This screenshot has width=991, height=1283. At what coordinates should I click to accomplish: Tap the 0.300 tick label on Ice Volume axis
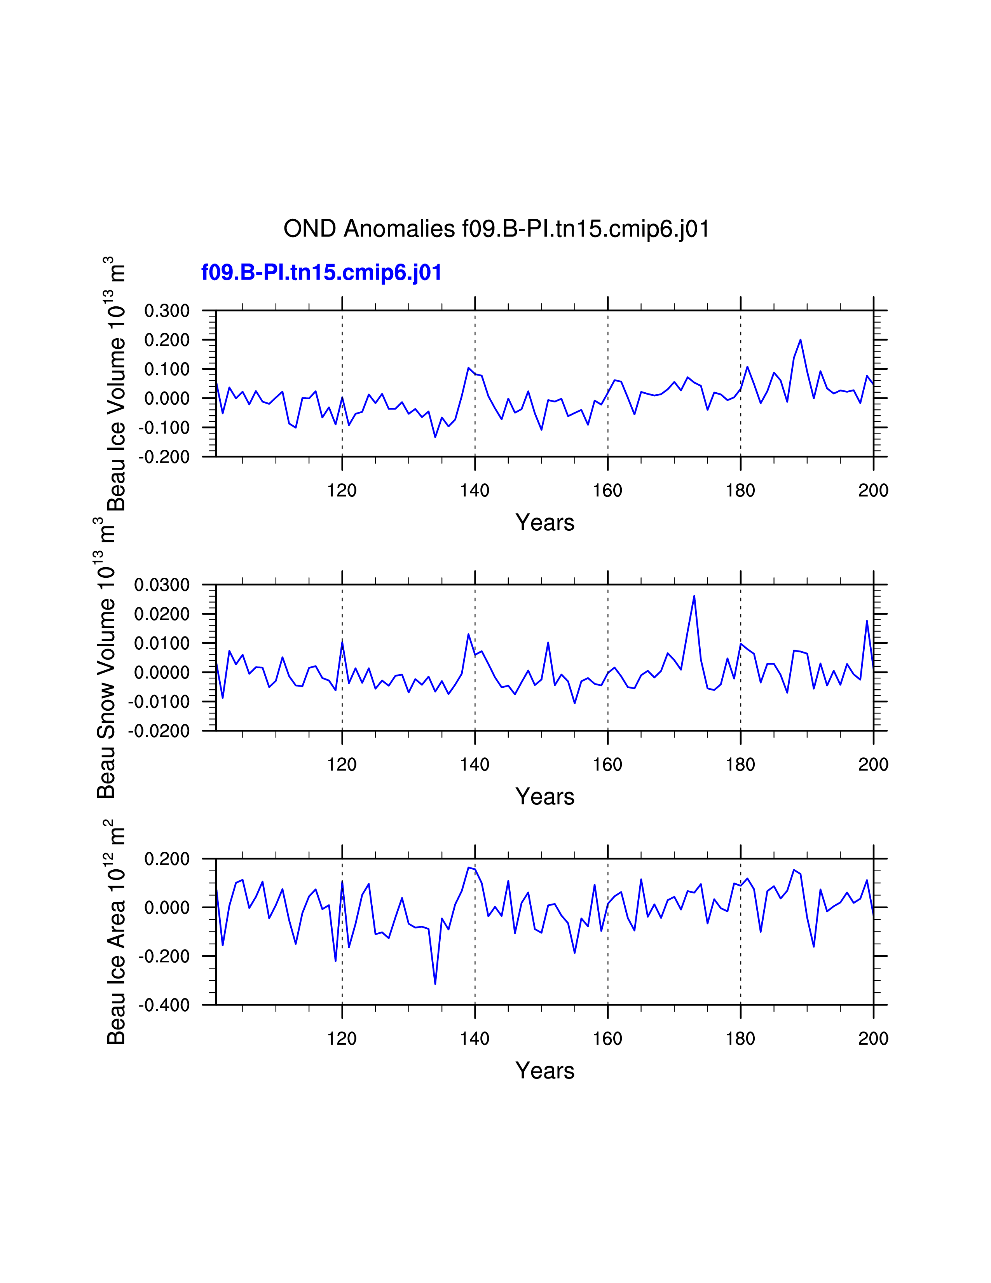[167, 311]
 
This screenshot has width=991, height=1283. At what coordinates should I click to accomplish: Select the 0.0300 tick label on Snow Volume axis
[161, 585]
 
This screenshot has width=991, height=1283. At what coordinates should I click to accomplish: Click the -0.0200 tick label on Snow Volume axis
[159, 731]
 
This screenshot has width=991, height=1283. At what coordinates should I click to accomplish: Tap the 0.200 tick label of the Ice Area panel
[167, 859]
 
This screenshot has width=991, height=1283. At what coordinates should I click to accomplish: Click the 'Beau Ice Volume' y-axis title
[116, 384]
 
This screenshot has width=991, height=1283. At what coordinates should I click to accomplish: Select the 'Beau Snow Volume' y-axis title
[106, 658]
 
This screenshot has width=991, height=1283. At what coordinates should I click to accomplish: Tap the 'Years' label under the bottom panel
[545, 1071]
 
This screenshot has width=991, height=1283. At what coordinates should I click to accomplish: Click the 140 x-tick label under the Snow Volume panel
[475, 765]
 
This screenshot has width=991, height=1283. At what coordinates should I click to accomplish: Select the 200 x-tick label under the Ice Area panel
[873, 1038]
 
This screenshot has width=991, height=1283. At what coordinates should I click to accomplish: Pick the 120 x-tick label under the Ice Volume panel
[342, 491]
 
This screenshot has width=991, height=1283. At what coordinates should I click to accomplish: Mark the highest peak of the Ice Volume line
[800, 339]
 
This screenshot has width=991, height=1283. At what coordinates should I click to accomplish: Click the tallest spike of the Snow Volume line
[694, 596]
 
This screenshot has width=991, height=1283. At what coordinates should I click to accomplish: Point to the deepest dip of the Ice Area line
[435, 984]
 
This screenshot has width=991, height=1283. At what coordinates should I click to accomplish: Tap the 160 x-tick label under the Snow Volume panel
[607, 765]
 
